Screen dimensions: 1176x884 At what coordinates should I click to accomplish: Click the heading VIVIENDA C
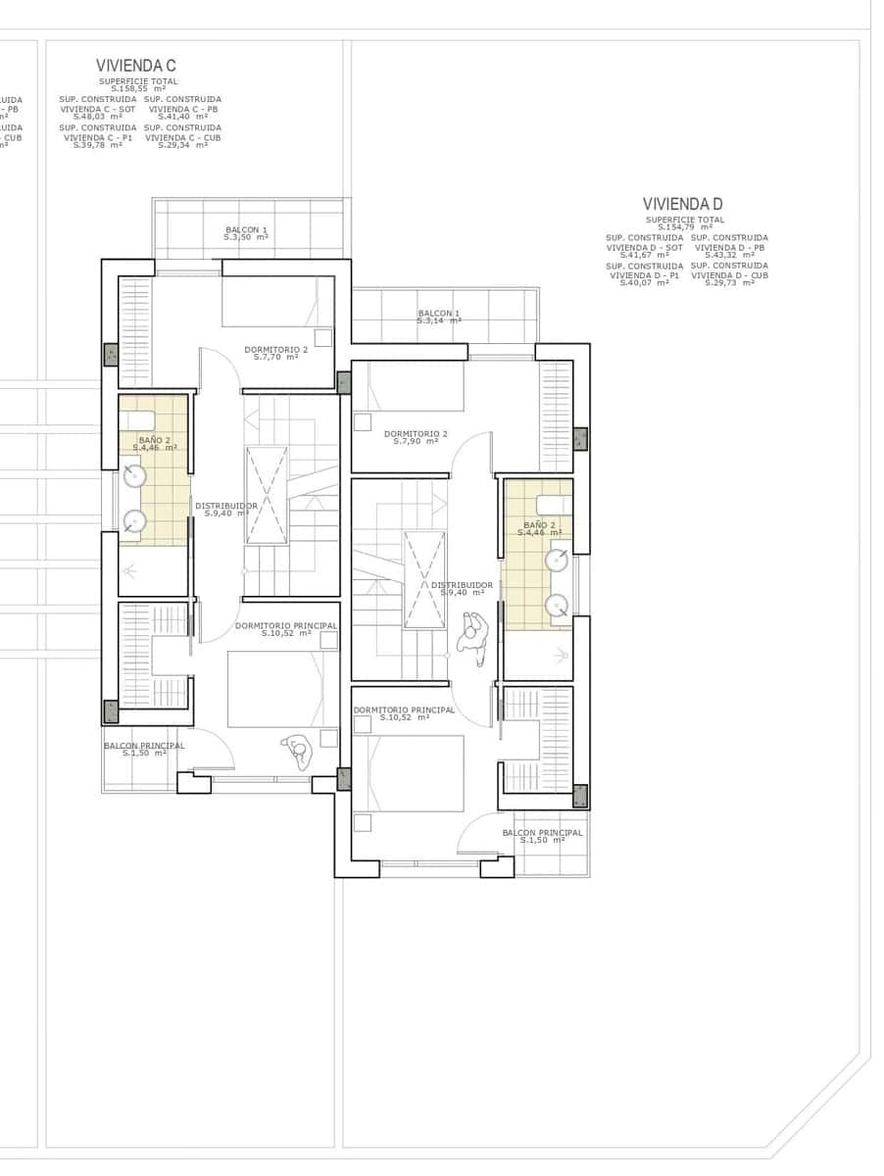point(135,66)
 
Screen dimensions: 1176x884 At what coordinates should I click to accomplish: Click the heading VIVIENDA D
point(682,204)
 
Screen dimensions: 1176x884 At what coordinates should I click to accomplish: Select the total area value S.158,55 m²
point(138,89)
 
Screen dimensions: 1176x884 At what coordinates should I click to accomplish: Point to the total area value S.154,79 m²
point(685,227)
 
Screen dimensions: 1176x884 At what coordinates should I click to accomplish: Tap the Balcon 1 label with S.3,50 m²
point(246,234)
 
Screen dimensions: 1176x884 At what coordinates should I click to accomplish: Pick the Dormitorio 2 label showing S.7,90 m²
point(416,437)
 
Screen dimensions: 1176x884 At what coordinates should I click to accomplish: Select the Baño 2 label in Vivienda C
point(154,444)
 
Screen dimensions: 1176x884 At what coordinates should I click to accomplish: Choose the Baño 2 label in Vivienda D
point(539,528)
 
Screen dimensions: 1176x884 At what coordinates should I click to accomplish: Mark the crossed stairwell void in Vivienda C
point(266,495)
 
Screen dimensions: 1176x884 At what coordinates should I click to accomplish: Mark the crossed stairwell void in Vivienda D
point(425,579)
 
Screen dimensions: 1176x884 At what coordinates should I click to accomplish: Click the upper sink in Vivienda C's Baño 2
point(134,476)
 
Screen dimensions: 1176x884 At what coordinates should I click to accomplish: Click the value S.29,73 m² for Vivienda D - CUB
point(729,283)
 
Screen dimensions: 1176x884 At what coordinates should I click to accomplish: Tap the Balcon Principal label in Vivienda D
point(542,836)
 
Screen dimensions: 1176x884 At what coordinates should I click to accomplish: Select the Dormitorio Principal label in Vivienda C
point(285,628)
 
